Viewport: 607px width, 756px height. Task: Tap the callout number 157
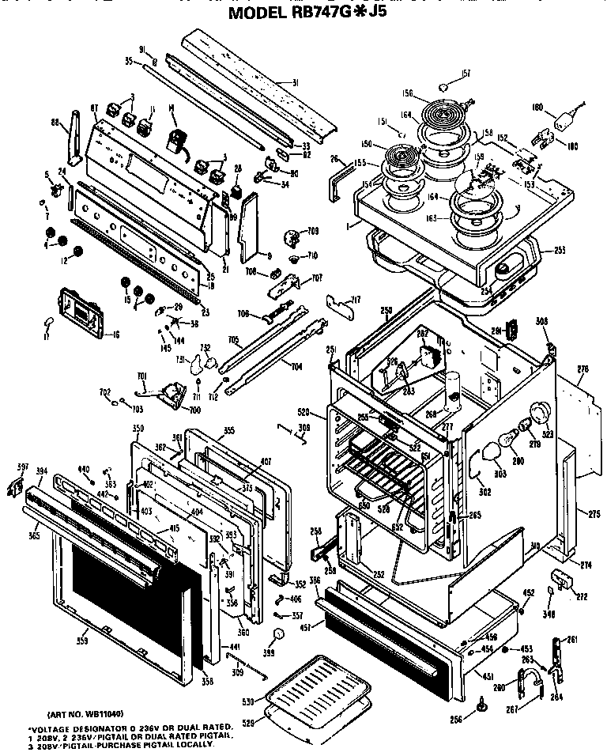point(466,74)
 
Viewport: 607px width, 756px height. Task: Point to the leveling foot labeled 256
point(481,698)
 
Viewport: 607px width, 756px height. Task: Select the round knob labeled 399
point(277,636)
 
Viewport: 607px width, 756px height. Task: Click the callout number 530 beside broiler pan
point(248,701)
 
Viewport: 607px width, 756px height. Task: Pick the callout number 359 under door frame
point(82,641)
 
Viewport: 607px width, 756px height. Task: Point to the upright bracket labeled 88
point(75,134)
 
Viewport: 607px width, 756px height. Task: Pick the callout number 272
point(582,595)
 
